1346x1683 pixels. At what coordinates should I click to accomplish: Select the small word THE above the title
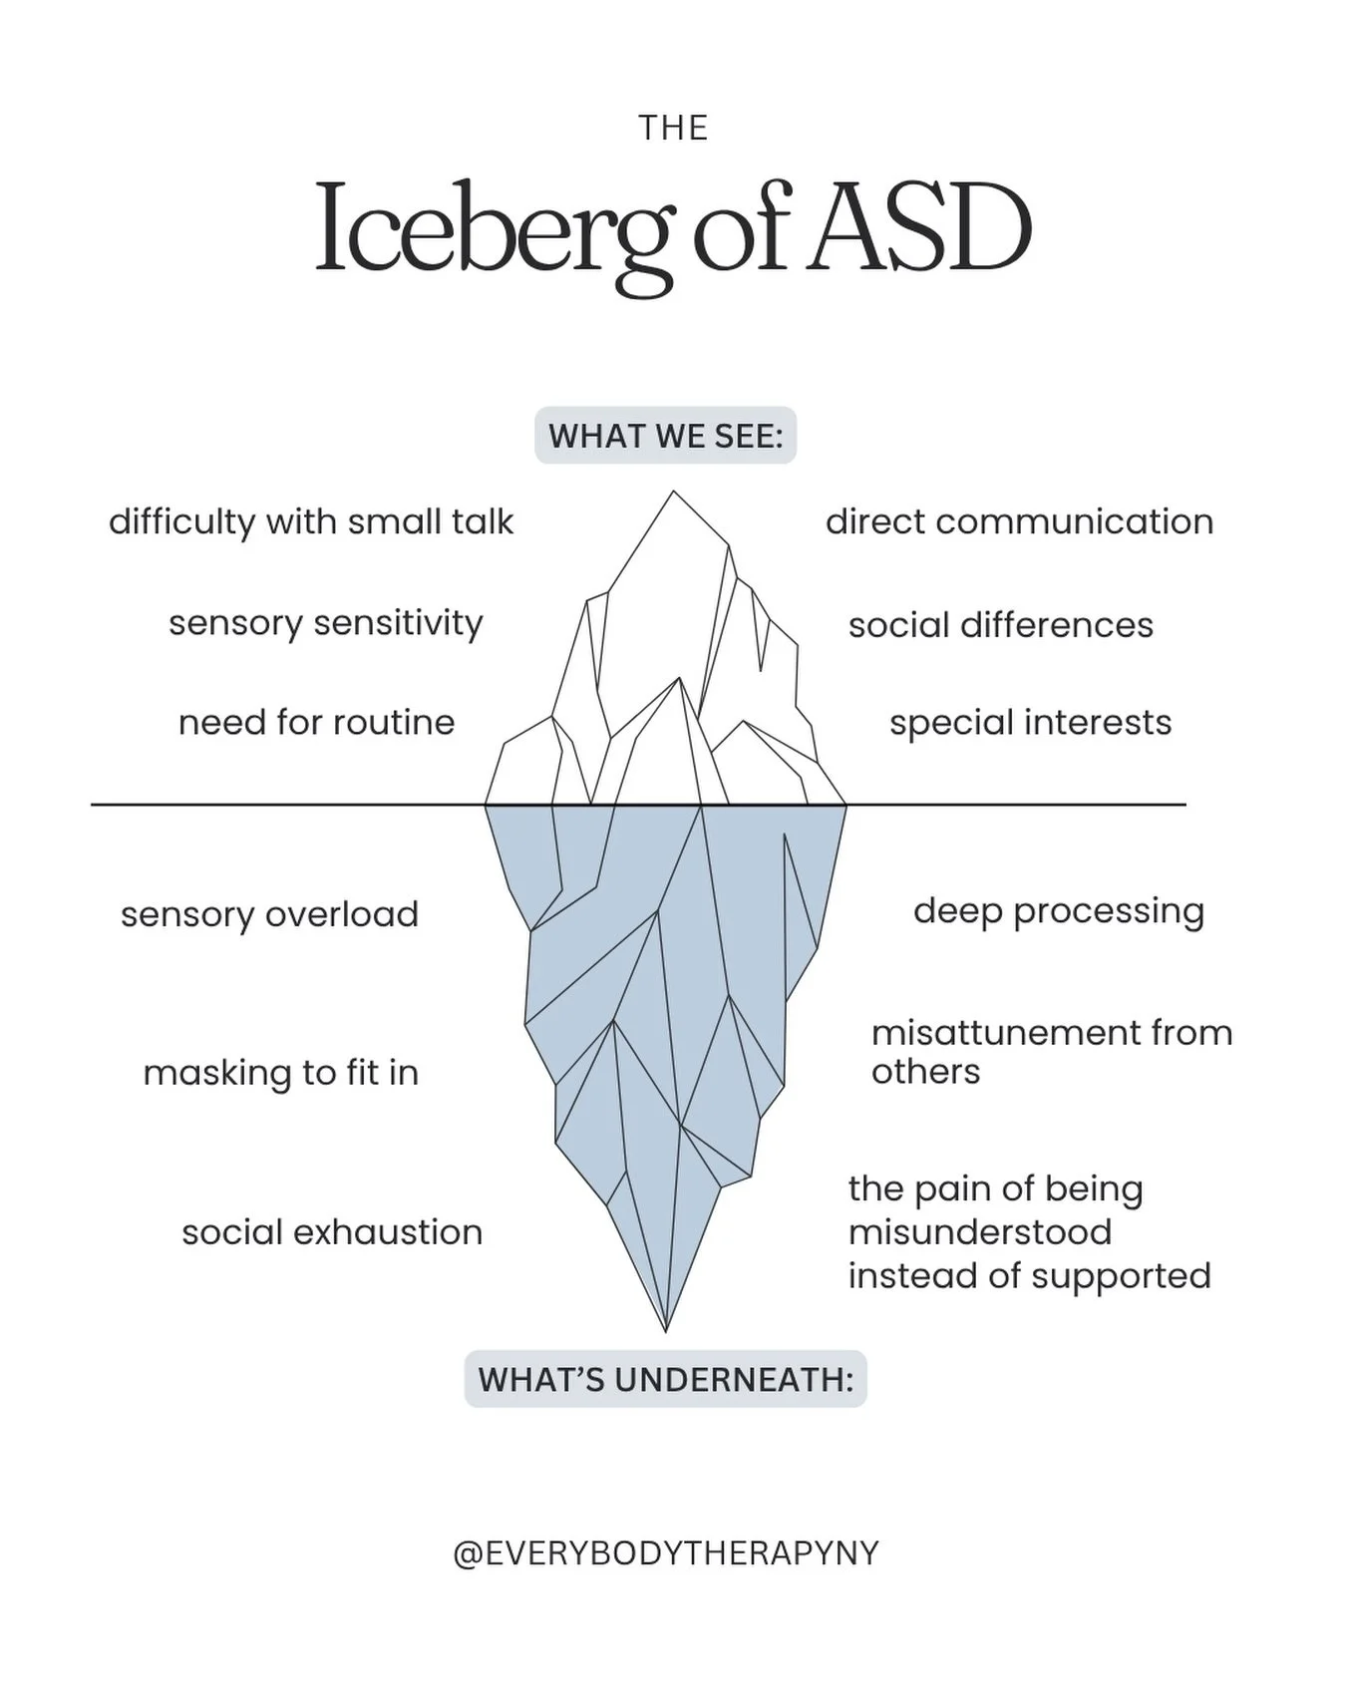click(673, 129)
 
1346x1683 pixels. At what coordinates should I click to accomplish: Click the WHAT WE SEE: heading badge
click(665, 436)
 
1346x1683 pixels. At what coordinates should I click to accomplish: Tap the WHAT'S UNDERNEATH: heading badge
click(665, 1379)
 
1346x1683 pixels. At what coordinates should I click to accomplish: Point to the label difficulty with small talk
click(311, 521)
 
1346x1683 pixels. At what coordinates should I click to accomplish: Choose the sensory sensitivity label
click(325, 622)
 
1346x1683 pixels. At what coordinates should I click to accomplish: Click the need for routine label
click(316, 722)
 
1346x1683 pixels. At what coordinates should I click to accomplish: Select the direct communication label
click(1019, 521)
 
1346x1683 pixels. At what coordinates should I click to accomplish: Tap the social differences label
click(1000, 625)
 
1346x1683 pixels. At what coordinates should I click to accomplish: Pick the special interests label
click(1030, 723)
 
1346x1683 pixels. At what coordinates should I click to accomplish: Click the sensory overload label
click(269, 914)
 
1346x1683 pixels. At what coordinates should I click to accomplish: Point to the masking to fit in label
click(280, 1073)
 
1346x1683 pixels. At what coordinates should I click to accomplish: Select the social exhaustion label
click(332, 1232)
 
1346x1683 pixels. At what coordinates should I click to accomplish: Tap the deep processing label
click(1059, 910)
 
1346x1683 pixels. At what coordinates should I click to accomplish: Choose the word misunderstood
click(979, 1231)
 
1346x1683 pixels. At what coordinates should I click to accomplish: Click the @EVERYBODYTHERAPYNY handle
click(665, 1552)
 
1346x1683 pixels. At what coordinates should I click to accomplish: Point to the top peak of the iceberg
click(674, 493)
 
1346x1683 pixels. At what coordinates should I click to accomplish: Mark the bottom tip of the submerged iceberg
click(665, 1329)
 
